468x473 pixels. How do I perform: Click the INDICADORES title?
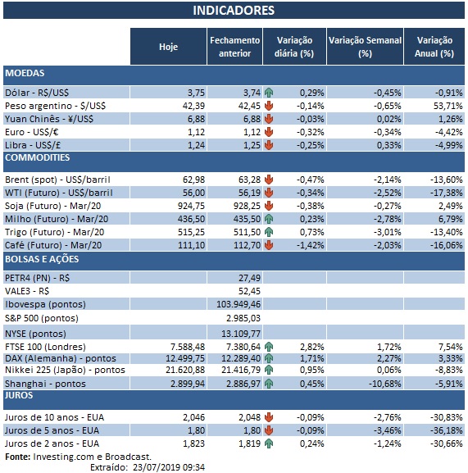pos(234,11)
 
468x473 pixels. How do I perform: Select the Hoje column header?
pos(167,47)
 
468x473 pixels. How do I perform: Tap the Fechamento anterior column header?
pos(234,47)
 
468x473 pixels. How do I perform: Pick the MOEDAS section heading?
pos(25,74)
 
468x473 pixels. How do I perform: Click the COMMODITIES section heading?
pos(38,157)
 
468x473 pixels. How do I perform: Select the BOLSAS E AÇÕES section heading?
pos(41,259)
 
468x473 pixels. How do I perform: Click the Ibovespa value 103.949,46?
pos(236,302)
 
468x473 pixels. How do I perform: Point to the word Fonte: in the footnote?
pos(18,456)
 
